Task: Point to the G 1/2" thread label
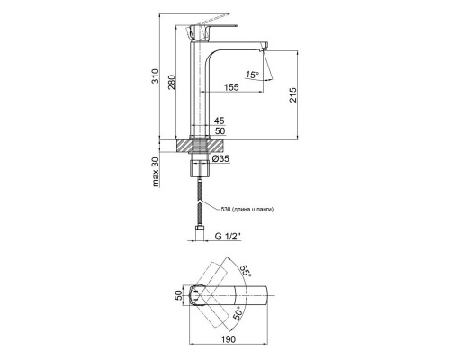[x=230, y=238]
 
